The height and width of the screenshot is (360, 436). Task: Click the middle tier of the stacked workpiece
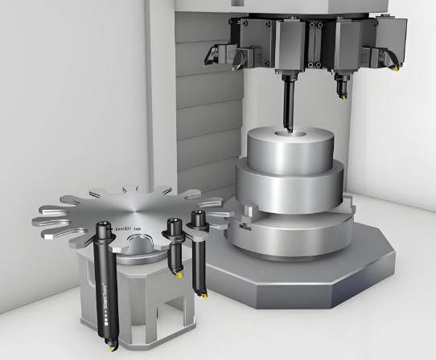(290, 183)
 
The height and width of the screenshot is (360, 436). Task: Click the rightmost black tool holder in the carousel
(197, 233)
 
